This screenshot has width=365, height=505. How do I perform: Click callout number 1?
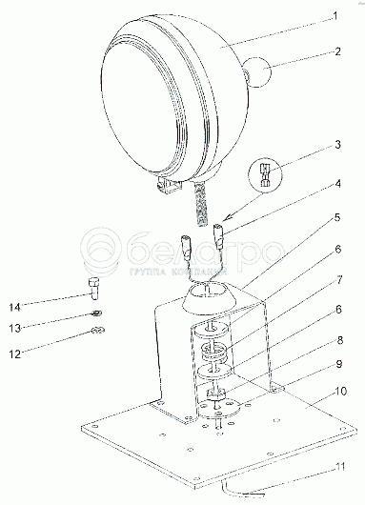click(335, 16)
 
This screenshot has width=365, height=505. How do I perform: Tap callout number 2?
click(337, 51)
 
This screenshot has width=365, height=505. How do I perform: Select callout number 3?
click(337, 145)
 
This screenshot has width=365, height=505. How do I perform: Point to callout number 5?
click(337, 217)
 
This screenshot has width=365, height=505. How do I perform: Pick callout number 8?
click(340, 340)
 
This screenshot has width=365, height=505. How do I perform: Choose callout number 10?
click(340, 392)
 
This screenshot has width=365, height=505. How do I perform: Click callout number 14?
click(15, 307)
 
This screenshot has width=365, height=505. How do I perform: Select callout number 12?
click(15, 354)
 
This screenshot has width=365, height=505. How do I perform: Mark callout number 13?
click(15, 329)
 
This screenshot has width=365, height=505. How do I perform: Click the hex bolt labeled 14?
click(93, 289)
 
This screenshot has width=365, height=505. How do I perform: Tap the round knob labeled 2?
click(258, 72)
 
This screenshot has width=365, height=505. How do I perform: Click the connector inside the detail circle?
click(265, 175)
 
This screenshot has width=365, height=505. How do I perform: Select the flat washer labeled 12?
click(97, 330)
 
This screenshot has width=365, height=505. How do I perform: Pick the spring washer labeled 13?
click(96, 313)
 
